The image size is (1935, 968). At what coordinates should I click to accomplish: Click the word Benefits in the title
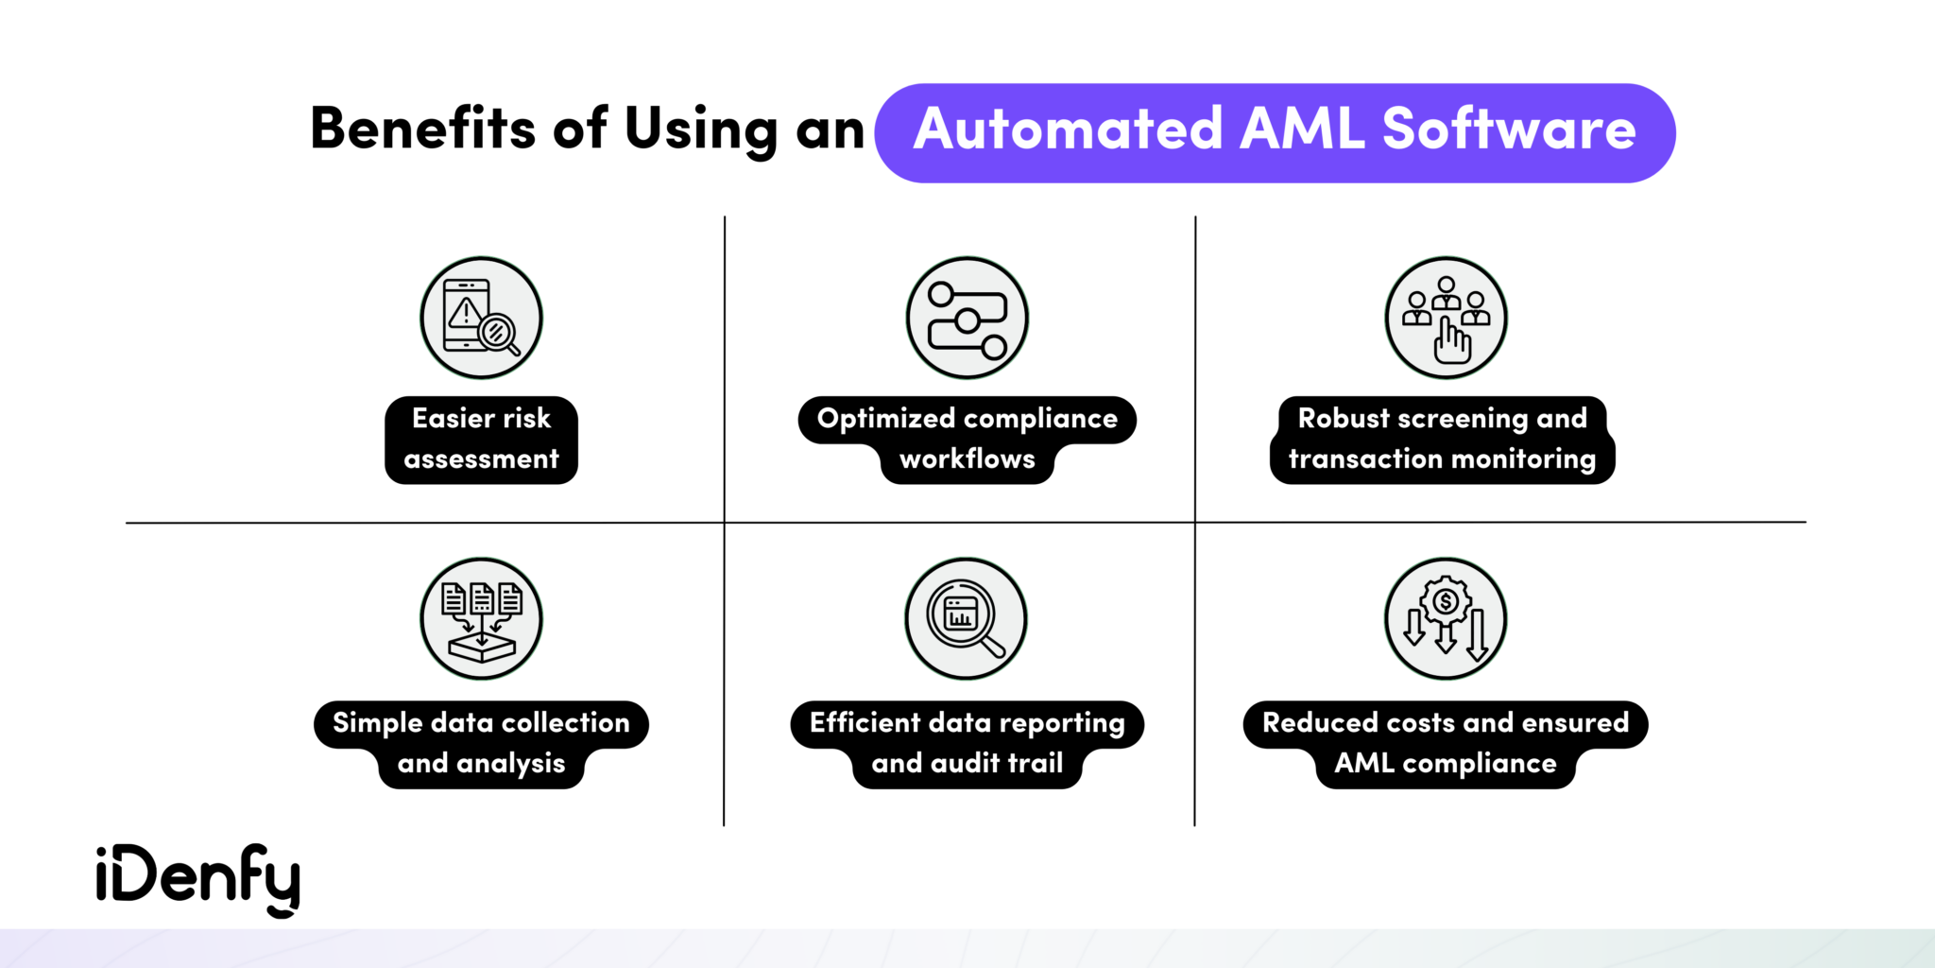[422, 129]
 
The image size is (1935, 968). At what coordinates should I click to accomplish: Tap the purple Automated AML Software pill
[1274, 132]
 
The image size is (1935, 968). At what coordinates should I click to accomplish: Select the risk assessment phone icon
[481, 318]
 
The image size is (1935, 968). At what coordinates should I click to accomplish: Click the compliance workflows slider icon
[967, 319]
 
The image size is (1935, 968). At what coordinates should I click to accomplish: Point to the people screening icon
[1446, 318]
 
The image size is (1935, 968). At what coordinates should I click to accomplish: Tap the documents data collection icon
[481, 619]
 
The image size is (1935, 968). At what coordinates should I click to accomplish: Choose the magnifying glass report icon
[966, 619]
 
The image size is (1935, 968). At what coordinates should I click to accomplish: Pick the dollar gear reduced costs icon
[1446, 619]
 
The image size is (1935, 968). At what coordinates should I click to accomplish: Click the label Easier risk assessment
[481, 440]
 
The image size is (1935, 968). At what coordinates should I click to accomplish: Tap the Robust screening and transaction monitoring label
[1442, 440]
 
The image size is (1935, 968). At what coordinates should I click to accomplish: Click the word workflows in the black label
[967, 460]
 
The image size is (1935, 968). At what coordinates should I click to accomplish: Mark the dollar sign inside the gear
[1445, 601]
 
